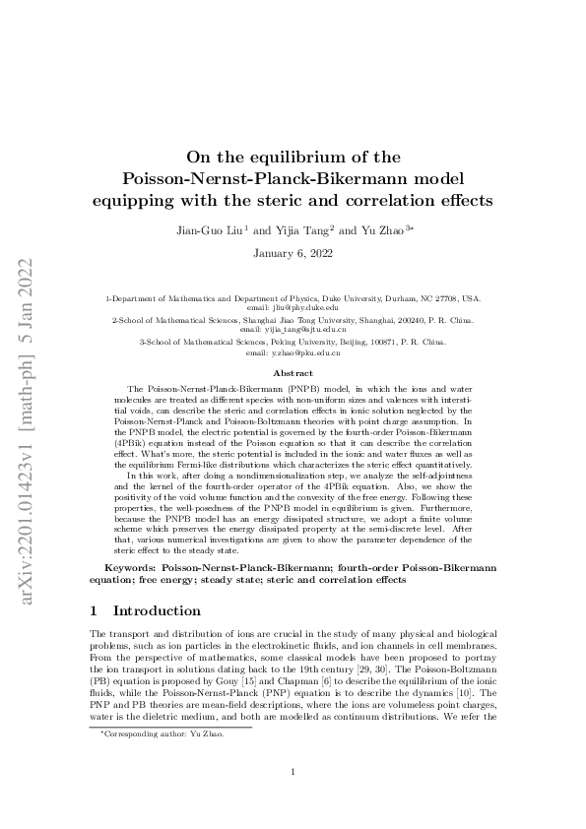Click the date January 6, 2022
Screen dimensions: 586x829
[293, 253]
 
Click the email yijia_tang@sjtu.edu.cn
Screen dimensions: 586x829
[293, 330]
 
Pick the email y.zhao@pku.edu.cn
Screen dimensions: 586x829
[293, 351]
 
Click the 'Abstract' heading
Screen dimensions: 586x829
[293, 374]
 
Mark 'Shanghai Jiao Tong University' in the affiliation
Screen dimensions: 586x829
[269, 320]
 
